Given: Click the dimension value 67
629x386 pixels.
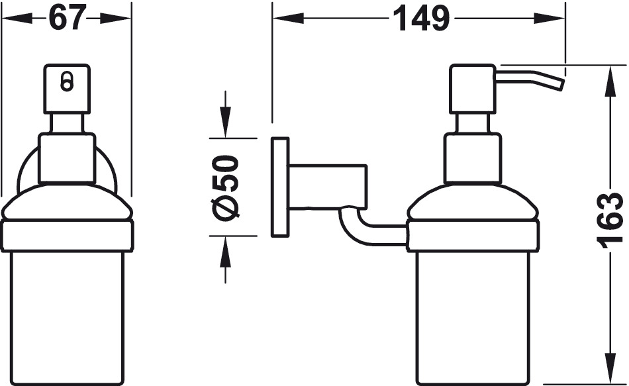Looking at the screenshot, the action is coord(68,18).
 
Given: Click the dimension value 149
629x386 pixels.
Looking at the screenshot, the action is coord(420,18).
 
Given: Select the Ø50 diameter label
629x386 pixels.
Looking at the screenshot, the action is coord(226,187).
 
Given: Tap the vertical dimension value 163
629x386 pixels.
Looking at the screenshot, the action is coord(610,220).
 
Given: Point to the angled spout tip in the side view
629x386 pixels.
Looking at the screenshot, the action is coord(559,84).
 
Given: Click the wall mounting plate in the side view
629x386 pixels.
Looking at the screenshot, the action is coord(280,187).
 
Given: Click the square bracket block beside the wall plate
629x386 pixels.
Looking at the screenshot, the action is coord(328,187).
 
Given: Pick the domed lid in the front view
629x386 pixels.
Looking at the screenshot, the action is coord(67,203).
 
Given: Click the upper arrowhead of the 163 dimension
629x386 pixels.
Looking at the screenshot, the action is coord(610,81).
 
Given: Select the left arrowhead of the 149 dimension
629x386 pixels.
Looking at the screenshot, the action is coord(288,19).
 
